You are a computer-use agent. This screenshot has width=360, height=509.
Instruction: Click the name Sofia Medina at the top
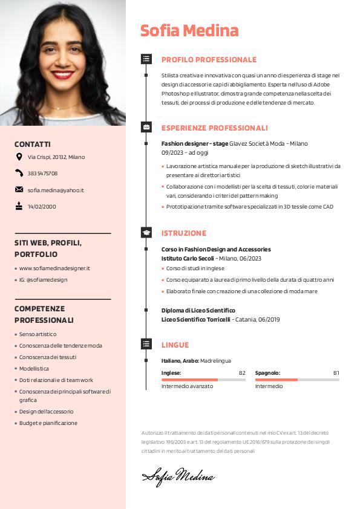(x=189, y=30)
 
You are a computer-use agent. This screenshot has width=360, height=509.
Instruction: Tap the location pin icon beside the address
(x=19, y=157)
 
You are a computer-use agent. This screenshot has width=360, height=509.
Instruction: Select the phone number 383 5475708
(x=42, y=173)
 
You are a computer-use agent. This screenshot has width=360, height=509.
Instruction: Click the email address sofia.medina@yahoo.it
(x=56, y=190)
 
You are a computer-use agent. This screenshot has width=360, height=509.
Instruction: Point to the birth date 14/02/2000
(x=42, y=206)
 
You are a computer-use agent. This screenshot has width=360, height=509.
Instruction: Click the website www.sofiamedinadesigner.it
(x=54, y=268)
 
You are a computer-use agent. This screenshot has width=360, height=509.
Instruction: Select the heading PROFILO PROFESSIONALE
(x=209, y=60)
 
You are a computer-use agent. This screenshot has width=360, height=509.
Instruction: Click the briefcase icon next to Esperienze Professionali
(x=146, y=128)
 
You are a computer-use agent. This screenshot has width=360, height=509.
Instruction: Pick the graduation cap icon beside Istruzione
(x=146, y=233)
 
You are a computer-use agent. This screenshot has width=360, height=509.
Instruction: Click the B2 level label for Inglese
(x=242, y=373)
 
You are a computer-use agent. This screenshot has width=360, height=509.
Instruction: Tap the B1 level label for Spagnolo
(x=336, y=373)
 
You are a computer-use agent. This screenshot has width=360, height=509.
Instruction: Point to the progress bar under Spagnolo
(x=297, y=380)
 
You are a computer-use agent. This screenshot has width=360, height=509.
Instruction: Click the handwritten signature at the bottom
(x=178, y=476)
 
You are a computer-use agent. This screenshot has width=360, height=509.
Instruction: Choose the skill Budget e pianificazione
(x=48, y=423)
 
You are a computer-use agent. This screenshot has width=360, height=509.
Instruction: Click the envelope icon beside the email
(x=19, y=190)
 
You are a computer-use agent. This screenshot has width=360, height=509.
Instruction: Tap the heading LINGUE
(x=175, y=345)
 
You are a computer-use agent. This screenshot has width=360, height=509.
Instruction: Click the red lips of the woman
(x=62, y=76)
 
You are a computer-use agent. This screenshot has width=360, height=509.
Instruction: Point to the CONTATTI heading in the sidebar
(x=33, y=144)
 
